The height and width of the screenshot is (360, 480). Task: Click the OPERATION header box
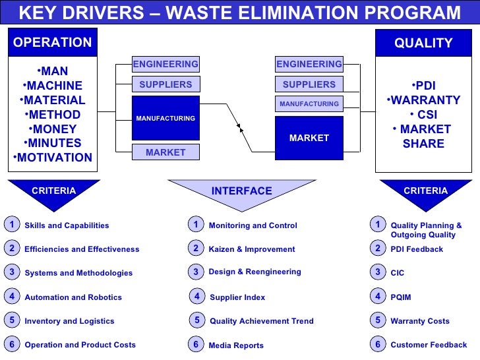tap(53, 43)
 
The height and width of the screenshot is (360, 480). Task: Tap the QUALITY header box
tap(423, 43)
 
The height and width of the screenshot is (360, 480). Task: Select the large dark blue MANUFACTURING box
tap(165, 118)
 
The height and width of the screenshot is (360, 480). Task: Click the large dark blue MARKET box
tap(309, 138)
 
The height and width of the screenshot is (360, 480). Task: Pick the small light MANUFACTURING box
tap(309, 104)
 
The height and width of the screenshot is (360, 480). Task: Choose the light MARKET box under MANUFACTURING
tap(165, 152)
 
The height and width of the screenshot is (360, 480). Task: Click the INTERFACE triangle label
tap(241, 191)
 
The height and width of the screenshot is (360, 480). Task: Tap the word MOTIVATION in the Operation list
tap(55, 158)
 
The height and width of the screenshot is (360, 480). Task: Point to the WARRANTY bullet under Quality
tap(425, 100)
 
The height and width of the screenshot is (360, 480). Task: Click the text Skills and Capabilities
tap(67, 225)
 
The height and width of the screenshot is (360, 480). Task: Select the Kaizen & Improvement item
tap(252, 249)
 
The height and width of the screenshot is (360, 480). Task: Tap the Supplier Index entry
tap(237, 297)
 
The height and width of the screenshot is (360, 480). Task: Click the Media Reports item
tap(236, 345)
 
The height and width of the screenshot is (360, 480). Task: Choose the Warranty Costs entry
tap(420, 321)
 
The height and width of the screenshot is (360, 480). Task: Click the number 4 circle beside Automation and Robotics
tap(12, 297)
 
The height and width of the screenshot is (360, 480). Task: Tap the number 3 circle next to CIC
tap(378, 272)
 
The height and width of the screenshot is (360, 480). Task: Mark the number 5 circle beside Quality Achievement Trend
tap(196, 320)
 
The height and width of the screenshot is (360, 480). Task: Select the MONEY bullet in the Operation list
tap(55, 129)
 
